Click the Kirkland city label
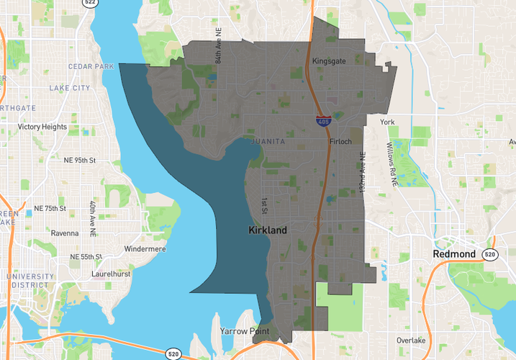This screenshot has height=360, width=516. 267,230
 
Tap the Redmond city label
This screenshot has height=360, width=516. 453,254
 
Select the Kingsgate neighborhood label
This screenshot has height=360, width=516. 329,62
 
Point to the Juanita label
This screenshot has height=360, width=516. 268,142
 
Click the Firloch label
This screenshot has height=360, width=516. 340,141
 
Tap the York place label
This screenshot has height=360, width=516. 388,122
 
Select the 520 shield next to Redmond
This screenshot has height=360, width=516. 490,254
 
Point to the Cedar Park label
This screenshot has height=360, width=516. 91,66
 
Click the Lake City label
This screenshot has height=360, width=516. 70,88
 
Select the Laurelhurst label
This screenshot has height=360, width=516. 110,274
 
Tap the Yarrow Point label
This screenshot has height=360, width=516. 244,331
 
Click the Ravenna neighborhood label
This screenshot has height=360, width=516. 65,233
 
